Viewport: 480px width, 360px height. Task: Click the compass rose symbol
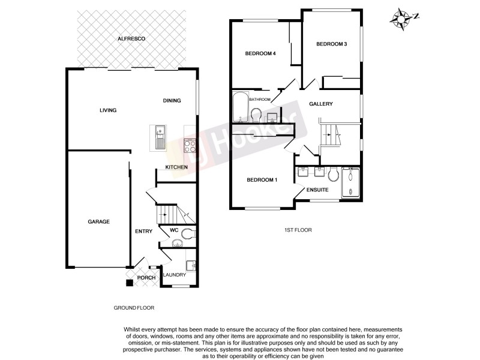tap(399, 18)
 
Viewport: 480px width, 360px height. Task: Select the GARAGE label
tap(99, 222)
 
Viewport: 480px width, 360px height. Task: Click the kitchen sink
tap(160, 136)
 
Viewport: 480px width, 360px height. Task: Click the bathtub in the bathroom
tap(240, 108)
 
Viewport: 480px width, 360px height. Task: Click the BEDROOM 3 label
tap(332, 44)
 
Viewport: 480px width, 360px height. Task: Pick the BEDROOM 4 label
tap(260, 54)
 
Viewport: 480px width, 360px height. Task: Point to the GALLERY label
tap(321, 104)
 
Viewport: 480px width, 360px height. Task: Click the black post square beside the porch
tap(129, 283)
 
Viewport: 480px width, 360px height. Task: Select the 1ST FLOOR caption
tap(298, 230)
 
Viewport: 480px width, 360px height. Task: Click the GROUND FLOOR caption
tap(134, 308)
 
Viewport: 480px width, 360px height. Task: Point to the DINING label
tap(172, 101)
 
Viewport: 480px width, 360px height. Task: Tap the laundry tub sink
tap(190, 265)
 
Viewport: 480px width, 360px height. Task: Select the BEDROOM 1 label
tap(262, 181)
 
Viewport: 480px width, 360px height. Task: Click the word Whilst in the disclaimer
tap(133, 329)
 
